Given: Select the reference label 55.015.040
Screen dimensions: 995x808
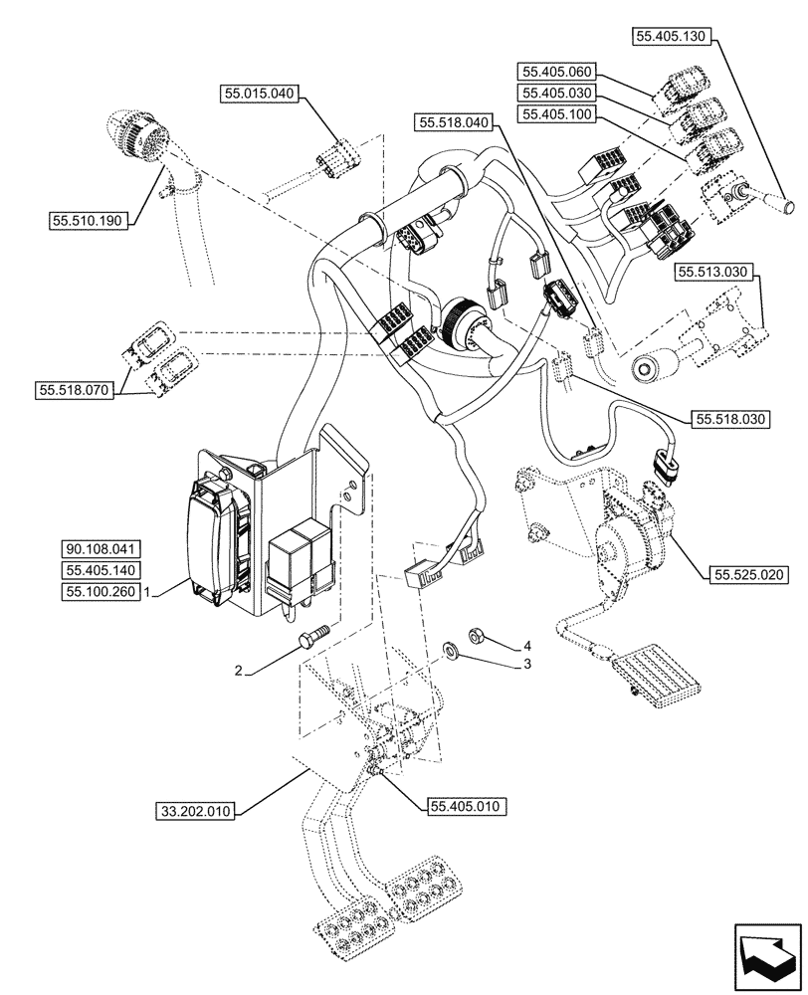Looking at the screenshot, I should pos(260,95).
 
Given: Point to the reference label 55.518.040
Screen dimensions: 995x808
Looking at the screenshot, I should pos(455,122).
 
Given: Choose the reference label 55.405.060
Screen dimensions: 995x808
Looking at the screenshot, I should pos(554,71).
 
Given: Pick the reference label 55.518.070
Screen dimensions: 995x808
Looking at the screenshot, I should pos(77,391).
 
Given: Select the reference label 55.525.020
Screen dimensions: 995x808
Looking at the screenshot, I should pos(747,574).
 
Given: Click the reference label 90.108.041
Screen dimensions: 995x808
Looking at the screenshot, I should pos(102,549).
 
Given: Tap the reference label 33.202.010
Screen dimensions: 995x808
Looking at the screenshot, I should pos(194,811).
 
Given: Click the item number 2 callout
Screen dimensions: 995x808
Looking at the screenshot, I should pos(239,672).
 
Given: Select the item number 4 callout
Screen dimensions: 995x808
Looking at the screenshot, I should pos(527,645).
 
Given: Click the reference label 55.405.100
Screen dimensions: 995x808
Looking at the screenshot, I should pos(554,114).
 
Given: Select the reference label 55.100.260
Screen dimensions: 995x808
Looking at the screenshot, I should pos(102,591).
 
